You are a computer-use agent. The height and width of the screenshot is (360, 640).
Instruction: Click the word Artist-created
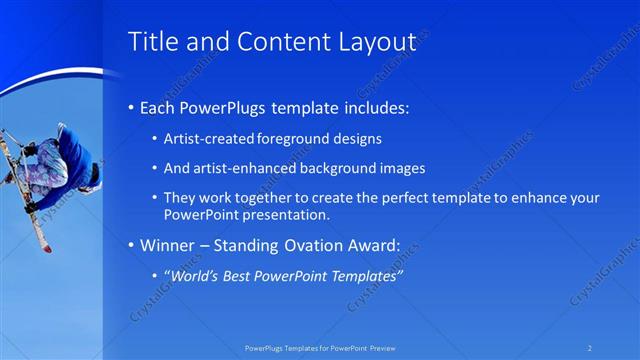(208, 138)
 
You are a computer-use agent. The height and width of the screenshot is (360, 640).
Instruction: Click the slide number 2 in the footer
(590, 348)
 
